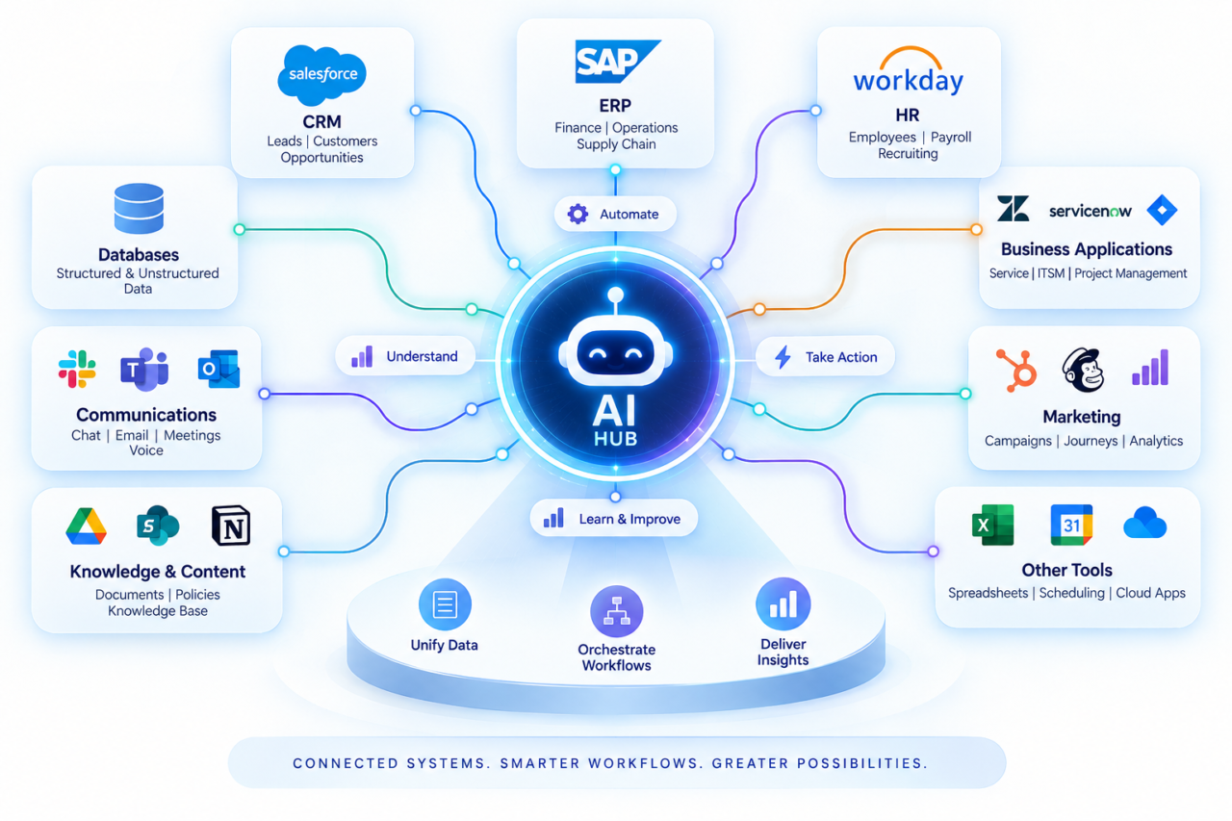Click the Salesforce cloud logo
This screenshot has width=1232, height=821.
321,75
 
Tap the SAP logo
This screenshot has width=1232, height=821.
616,61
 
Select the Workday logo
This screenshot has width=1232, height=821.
908,72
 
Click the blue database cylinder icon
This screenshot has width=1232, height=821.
139,209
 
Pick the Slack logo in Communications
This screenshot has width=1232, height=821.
77,369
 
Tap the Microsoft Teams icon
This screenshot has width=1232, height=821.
144,369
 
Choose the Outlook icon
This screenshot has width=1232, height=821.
218,369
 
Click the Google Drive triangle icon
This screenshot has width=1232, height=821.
86,526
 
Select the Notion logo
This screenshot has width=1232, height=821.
231,526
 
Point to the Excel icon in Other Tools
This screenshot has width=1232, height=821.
992,525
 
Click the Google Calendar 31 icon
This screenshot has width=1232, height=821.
1071,525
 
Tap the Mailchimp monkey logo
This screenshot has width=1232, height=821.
1083,370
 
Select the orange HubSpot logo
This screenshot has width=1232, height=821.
1016,371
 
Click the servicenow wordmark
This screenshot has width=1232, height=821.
1091,211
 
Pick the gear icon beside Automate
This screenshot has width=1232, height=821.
577,214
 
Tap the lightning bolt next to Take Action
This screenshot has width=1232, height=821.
783,357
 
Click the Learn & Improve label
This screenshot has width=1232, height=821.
629,519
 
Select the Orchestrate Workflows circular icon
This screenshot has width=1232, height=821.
617,611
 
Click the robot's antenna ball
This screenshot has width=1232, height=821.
616,295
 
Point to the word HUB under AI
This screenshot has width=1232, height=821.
615,439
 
